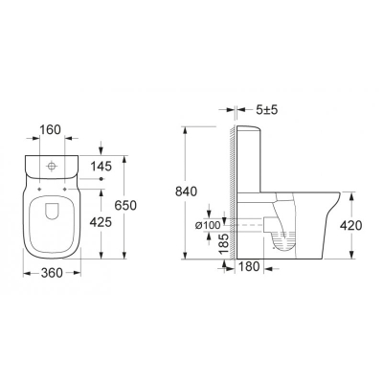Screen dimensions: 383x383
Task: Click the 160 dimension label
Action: tap(50, 130)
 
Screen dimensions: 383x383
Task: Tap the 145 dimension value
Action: tap(101, 167)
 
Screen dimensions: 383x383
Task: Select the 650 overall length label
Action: tap(125, 206)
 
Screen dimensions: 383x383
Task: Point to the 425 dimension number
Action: tap(101, 222)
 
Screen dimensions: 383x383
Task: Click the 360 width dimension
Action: tap(52, 273)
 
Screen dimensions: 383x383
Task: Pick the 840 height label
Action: tap(187, 191)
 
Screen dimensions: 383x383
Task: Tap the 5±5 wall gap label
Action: tap(267, 110)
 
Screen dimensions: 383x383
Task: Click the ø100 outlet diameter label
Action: tap(208, 225)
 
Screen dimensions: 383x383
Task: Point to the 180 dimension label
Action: tap(249, 267)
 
